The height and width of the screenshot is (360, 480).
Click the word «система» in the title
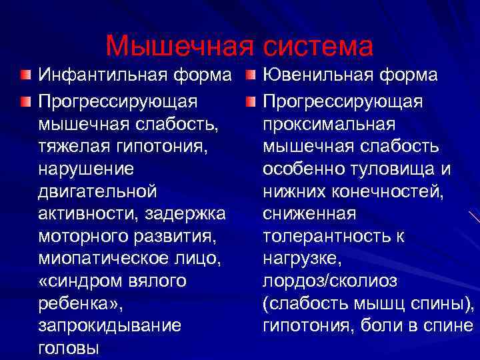[319, 46]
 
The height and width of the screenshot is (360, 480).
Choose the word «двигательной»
[99, 191]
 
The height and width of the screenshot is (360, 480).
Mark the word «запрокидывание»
[109, 326]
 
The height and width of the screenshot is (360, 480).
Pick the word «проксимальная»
[329, 123]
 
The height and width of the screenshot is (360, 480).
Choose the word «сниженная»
[309, 214]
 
